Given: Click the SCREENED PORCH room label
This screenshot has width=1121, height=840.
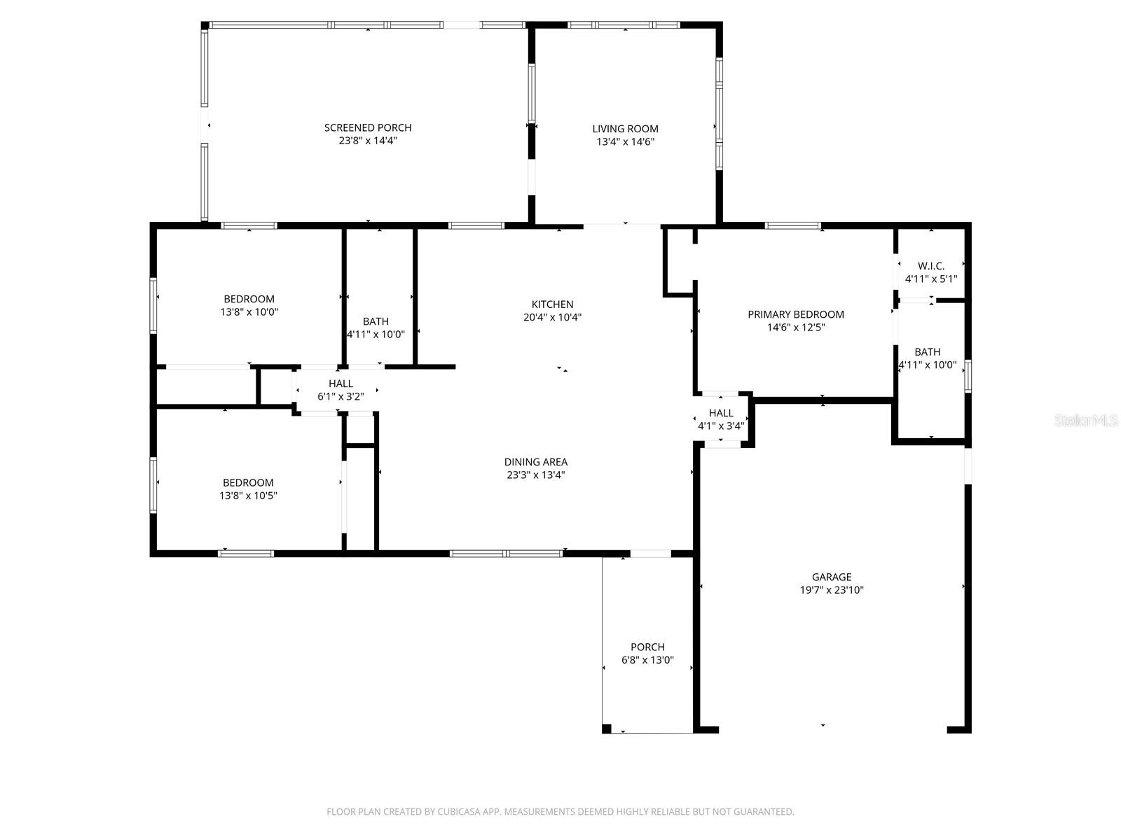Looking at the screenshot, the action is pyautogui.click(x=368, y=127).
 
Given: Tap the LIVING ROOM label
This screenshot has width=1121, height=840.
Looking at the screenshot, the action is pyautogui.click(x=625, y=129).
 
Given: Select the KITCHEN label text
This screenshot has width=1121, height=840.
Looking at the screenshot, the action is pyautogui.click(x=552, y=304).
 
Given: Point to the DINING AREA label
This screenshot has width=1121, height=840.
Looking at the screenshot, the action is pyautogui.click(x=536, y=461).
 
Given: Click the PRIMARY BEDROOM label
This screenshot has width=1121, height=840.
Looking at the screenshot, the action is pyautogui.click(x=796, y=314).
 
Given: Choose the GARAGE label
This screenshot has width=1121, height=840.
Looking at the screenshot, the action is pyautogui.click(x=832, y=577).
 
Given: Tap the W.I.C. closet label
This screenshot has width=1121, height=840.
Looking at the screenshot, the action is pyautogui.click(x=931, y=266).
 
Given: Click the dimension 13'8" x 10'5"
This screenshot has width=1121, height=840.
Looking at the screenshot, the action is pyautogui.click(x=248, y=495).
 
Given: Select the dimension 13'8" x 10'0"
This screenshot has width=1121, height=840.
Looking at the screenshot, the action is pyautogui.click(x=249, y=311).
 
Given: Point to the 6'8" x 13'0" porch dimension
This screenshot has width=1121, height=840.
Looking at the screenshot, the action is pyautogui.click(x=647, y=660).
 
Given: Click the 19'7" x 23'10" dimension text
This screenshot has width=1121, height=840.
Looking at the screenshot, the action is pyautogui.click(x=832, y=590).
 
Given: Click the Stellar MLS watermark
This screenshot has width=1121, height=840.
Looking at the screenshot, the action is pyautogui.click(x=1086, y=420).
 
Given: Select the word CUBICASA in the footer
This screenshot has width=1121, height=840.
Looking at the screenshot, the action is pyautogui.click(x=459, y=811).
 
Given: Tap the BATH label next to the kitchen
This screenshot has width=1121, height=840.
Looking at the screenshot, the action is pyautogui.click(x=376, y=321).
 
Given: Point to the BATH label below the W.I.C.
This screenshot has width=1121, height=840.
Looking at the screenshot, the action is pyautogui.click(x=928, y=352).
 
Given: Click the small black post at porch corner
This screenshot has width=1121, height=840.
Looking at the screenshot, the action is pyautogui.click(x=606, y=729).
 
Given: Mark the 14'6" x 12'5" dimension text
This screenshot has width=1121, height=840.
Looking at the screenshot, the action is pyautogui.click(x=796, y=328).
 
